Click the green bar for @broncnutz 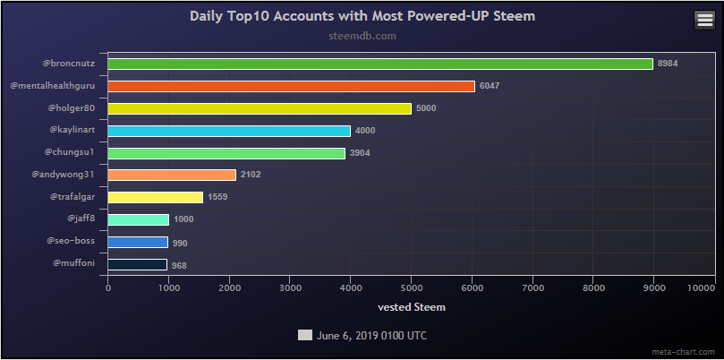click(380, 64)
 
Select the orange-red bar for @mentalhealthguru click(291, 86)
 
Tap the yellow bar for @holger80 click(260, 108)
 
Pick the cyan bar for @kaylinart click(229, 131)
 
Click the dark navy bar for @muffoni click(138, 265)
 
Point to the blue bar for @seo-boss click(138, 243)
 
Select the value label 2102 click(251, 176)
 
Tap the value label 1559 click(217, 198)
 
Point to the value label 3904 click(360, 153)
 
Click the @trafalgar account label click(72, 196)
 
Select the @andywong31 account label click(63, 174)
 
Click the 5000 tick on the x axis click(411, 287)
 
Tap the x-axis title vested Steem click(412, 307)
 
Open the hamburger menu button click(704, 21)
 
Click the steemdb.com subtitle click(362, 37)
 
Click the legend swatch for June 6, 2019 click(304, 335)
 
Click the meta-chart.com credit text click(689, 351)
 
